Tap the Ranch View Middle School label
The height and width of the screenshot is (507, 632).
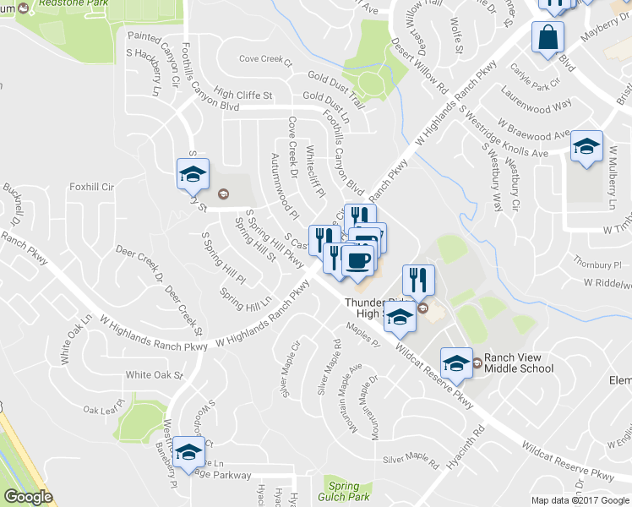coord(519,363)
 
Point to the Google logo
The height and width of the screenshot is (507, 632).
coord(27,497)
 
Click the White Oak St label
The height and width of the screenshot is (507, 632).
coord(154,374)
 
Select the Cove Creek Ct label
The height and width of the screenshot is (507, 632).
coord(264,61)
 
